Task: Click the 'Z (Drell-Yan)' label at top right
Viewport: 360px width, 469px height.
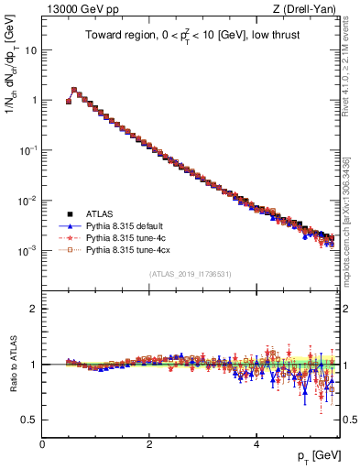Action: [305, 8]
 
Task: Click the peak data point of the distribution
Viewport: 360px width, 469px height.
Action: [74, 91]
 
